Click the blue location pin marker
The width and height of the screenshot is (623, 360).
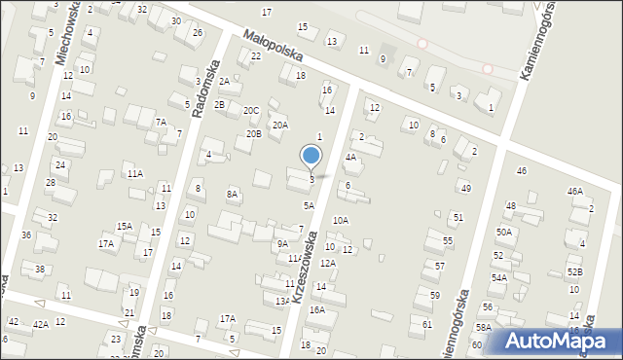point(311,156)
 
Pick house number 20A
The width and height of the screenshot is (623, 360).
point(280,125)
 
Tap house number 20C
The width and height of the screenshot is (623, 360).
point(251,111)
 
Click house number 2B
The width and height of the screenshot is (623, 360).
point(220,104)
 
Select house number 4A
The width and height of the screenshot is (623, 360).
point(351,156)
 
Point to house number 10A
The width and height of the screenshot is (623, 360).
point(341,221)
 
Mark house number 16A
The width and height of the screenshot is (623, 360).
point(317,309)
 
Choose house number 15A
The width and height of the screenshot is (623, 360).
point(125,226)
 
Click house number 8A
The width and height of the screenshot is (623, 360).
point(233,195)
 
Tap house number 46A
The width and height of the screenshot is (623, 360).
point(575,192)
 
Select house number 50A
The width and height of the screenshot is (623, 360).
point(503,232)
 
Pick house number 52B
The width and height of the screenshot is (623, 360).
point(575,271)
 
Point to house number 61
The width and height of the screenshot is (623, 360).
point(427,323)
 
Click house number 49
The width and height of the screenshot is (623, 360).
point(465,188)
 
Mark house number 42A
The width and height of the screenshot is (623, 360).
point(40,324)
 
